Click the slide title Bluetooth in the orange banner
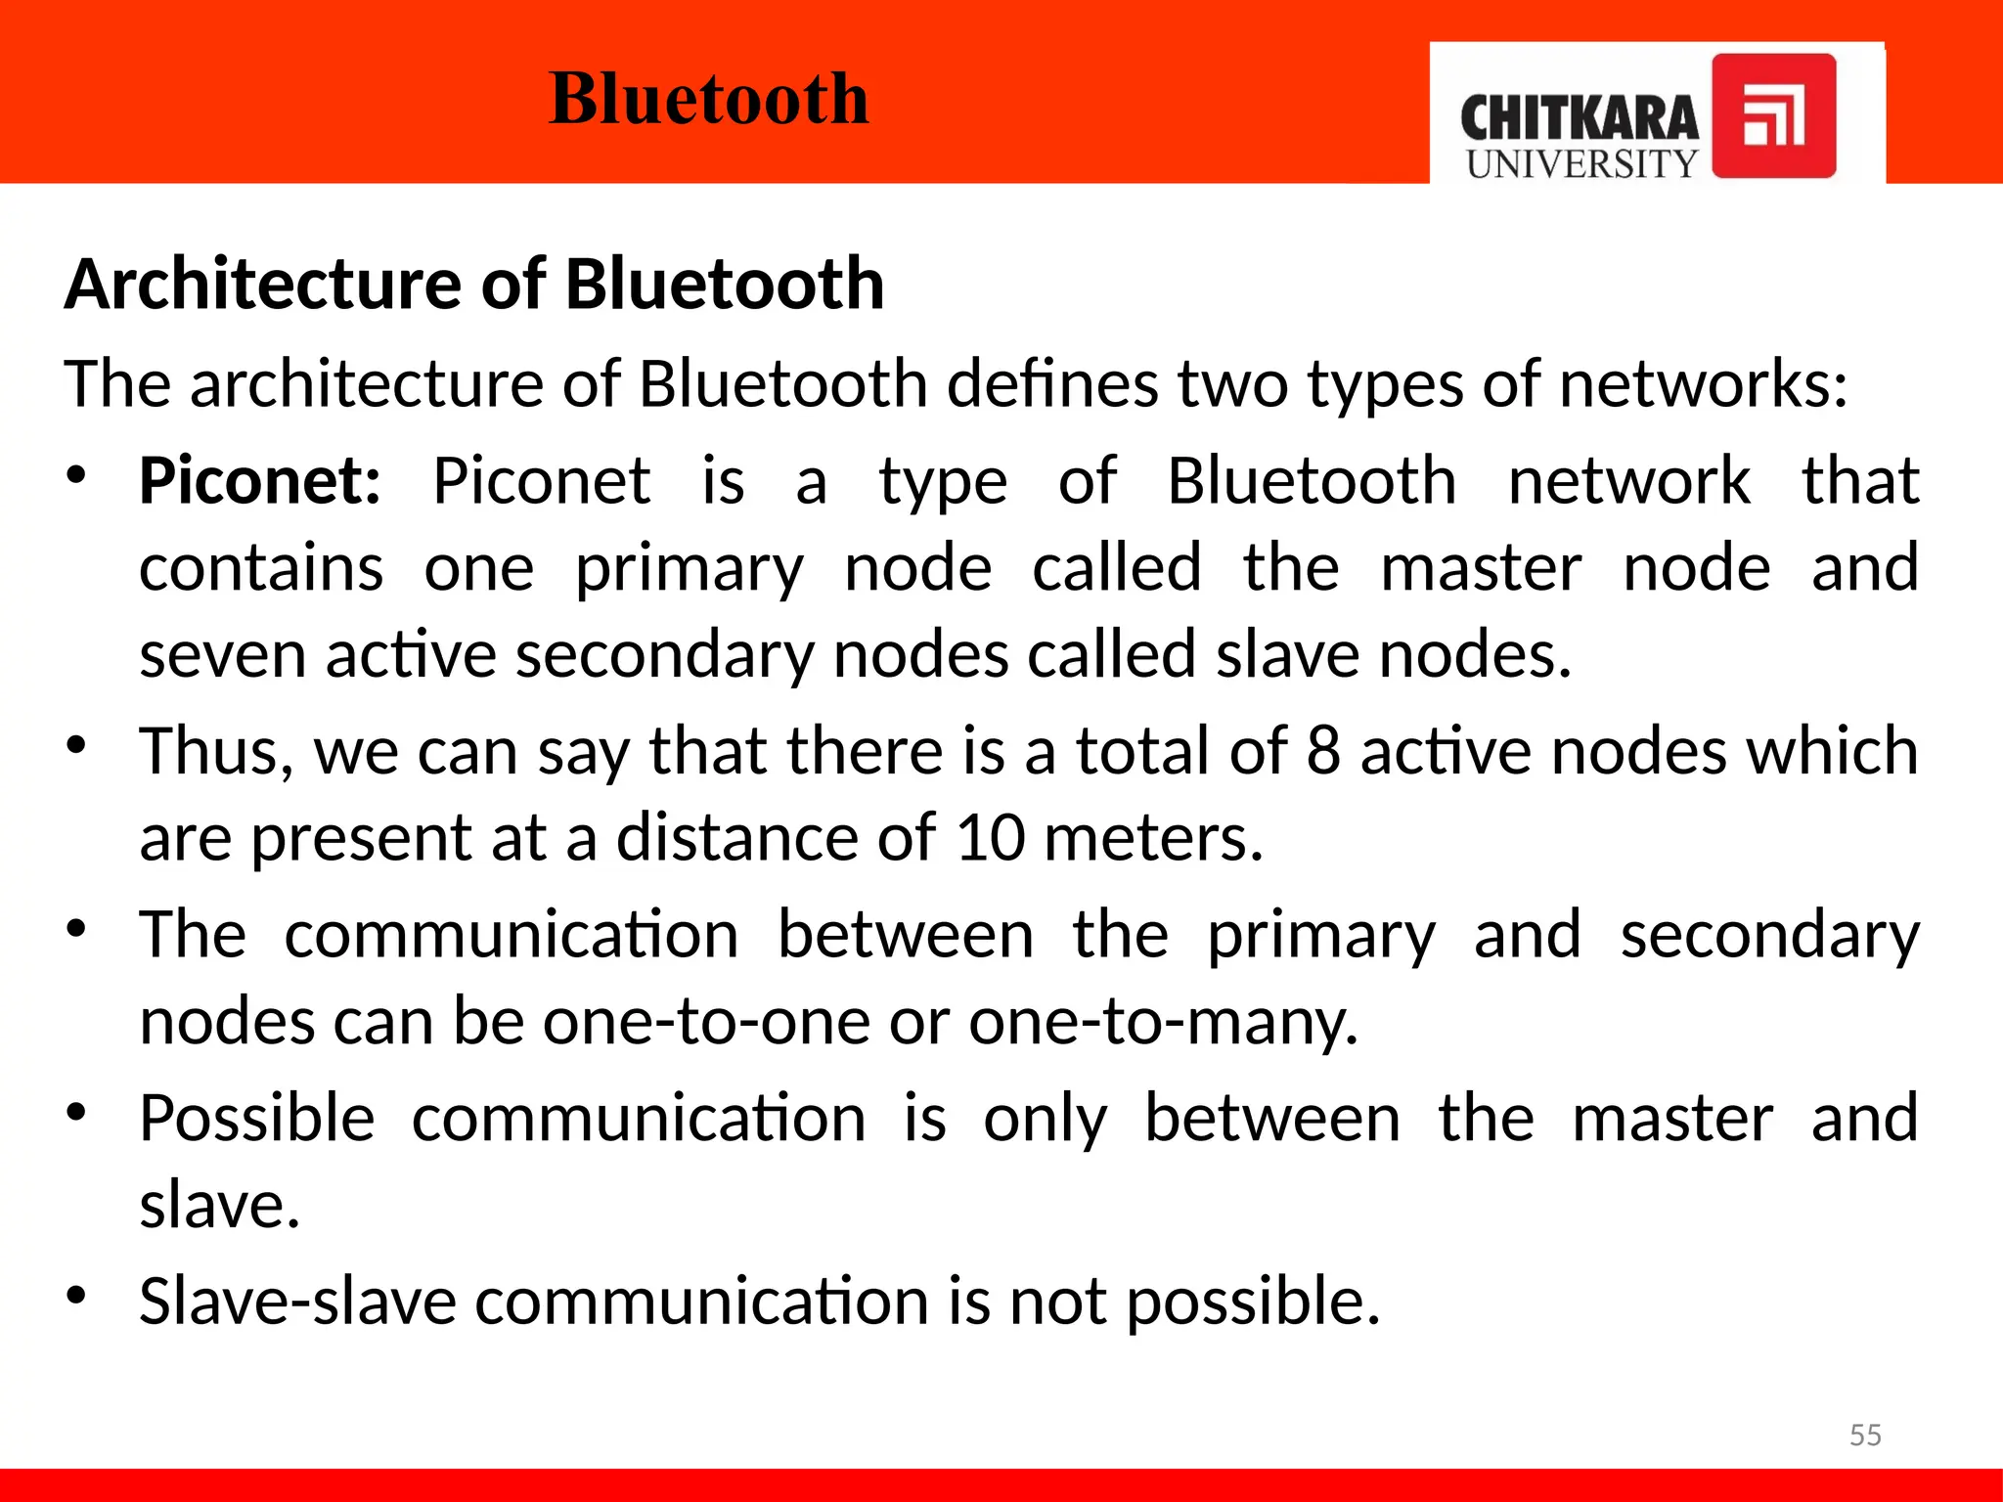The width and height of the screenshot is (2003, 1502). [709, 99]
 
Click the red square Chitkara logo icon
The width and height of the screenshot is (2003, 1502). [1773, 116]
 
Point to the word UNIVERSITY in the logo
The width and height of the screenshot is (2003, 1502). [1581, 164]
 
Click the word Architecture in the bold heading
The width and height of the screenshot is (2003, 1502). [262, 285]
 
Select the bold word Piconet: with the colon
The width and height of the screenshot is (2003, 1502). [260, 481]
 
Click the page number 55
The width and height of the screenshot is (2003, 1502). [1865, 1435]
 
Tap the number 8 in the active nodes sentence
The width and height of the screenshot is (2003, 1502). [1322, 751]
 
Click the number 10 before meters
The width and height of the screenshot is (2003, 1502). [990, 838]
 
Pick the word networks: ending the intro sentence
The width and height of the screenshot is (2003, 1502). [1703, 383]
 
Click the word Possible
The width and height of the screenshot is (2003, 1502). [257, 1118]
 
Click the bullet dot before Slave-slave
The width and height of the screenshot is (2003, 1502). [77, 1296]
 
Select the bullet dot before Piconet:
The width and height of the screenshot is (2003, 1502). [77, 476]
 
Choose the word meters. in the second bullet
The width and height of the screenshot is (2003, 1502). [1153, 838]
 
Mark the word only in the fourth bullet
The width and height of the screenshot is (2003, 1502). [1046, 1118]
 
